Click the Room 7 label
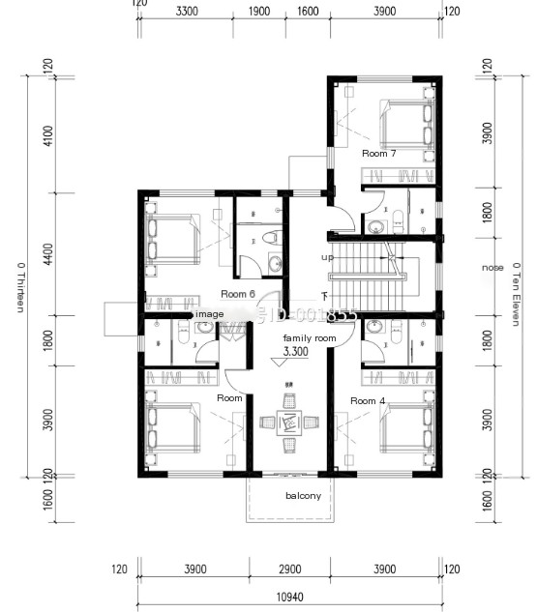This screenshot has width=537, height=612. (x=378, y=154)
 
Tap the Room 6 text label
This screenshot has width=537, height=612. (x=237, y=294)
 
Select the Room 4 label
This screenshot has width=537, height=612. (x=368, y=400)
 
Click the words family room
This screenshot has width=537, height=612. (x=309, y=337)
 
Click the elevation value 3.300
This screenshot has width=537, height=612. (x=297, y=353)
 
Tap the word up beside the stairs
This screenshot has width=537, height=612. (x=327, y=257)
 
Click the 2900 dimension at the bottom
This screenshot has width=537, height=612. (x=290, y=569)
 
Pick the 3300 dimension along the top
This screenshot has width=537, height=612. (x=187, y=12)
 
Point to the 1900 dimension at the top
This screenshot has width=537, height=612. (x=258, y=12)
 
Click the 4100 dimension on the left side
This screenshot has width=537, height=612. (x=48, y=135)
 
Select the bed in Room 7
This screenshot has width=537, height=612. (x=403, y=124)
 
